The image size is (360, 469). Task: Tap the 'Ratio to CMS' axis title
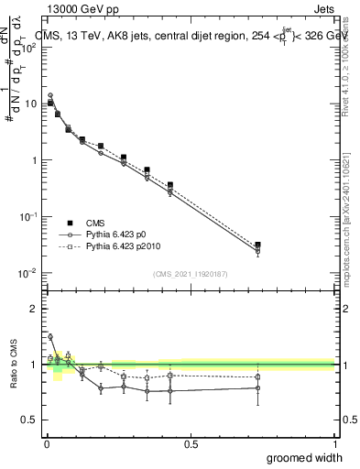(13, 365)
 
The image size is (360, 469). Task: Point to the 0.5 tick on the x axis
(190, 444)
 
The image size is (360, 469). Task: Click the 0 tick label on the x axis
(47, 444)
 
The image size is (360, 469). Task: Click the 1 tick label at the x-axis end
(333, 444)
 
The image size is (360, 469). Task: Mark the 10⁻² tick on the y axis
(29, 273)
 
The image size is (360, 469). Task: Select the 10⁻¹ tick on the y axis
(29, 216)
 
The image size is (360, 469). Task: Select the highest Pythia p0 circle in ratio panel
(50, 336)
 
